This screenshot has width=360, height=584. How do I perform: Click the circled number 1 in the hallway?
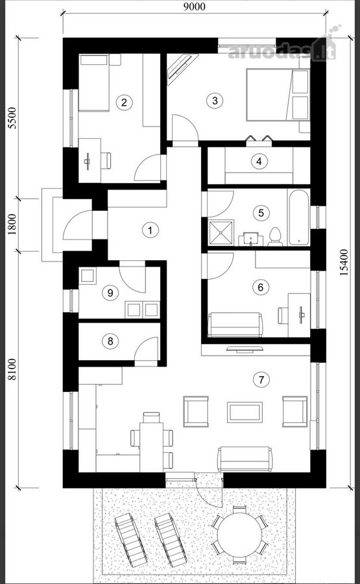(150, 230)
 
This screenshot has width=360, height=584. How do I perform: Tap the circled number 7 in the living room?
(261, 380)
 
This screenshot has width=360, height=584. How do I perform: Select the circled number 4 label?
(259, 162)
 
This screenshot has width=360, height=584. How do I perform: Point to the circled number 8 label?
(110, 341)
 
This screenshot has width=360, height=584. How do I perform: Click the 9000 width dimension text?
(195, 6)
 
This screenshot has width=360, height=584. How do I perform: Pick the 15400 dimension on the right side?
(345, 262)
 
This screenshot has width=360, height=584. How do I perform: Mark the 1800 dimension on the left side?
(13, 223)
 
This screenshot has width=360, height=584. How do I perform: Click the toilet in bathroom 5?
(275, 236)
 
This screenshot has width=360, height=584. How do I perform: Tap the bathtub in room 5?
(298, 217)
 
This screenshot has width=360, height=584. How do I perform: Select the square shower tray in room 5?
(221, 232)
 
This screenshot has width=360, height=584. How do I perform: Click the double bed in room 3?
(278, 95)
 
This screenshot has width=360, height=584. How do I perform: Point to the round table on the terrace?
(239, 535)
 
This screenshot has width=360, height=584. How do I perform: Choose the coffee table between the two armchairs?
(245, 412)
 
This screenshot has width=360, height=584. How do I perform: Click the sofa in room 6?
(235, 325)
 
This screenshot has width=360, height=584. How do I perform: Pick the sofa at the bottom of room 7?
(245, 459)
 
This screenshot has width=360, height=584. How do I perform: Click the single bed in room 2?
(94, 82)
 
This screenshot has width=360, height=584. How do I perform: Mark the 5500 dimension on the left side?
(13, 117)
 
